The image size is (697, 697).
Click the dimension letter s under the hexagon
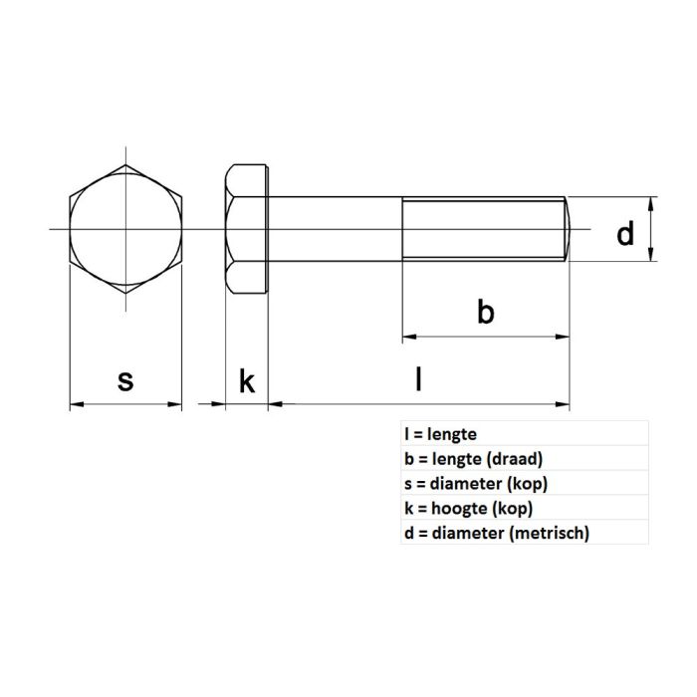click(x=125, y=380)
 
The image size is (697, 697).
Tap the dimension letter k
click(x=247, y=380)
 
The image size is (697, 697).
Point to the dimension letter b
click(x=485, y=313)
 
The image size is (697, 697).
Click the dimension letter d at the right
click(x=624, y=235)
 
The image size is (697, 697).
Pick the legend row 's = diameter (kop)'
click(x=476, y=484)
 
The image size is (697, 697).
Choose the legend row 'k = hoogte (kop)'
click(x=468, y=509)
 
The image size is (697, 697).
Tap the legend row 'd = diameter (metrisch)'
click(x=497, y=534)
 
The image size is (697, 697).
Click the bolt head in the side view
click(x=247, y=230)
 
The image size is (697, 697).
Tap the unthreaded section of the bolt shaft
click(x=335, y=230)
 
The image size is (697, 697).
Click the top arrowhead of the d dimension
click(x=651, y=202)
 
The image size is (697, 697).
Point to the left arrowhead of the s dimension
click(x=75, y=404)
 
